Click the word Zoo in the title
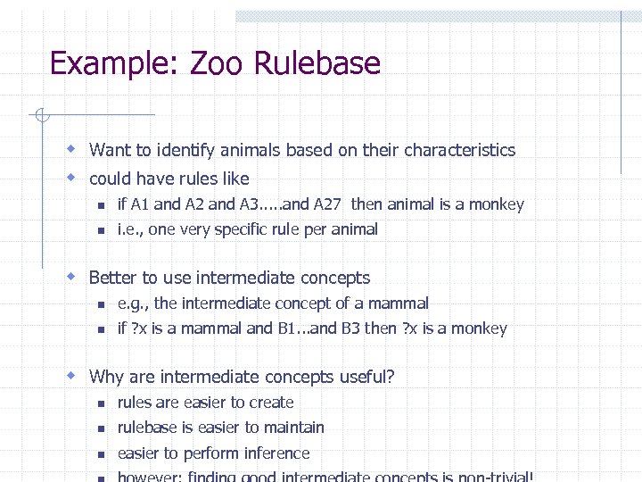click(218, 64)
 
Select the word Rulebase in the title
click(317, 64)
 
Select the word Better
click(115, 278)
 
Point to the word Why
click(107, 377)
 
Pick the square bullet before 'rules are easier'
click(102, 403)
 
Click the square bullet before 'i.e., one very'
click(102, 230)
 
